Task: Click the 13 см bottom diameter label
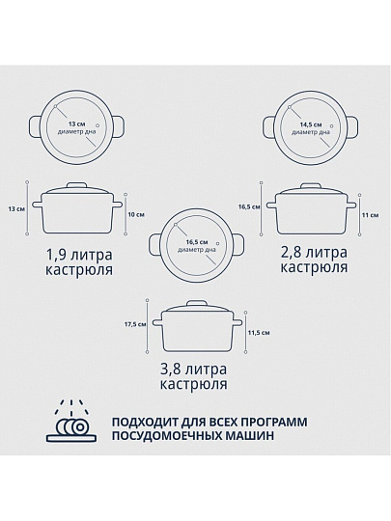coord(77,124)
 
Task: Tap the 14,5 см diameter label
coord(311,124)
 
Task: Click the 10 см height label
coord(136,214)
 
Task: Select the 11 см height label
coord(370,215)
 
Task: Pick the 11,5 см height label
coord(259,333)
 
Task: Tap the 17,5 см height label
coord(135,324)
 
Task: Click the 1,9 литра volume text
coord(79,255)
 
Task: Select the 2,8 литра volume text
coord(314,253)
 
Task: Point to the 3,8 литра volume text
coord(193,370)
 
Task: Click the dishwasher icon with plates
coord(71,422)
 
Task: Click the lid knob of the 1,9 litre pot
coord(77,185)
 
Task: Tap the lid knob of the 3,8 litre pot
coord(197,303)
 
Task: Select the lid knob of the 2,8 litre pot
coord(311,186)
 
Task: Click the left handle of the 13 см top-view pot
coord(35,126)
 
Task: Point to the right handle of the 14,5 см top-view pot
coord(352,127)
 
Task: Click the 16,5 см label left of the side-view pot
coord(249,206)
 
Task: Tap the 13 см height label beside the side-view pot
coord(16,209)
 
